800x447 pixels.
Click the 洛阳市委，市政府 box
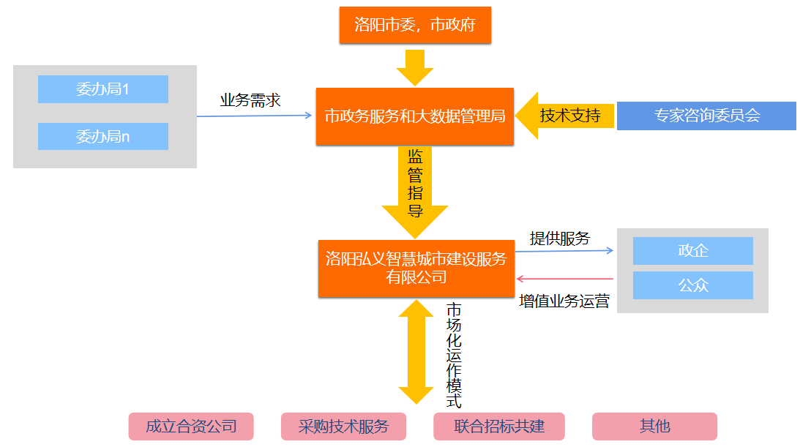(x=415, y=25)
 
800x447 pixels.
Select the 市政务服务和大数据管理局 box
(x=415, y=116)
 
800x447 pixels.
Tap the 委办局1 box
(x=103, y=89)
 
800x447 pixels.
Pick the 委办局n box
(x=103, y=136)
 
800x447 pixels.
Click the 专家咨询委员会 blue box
(x=706, y=116)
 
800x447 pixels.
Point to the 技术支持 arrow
(x=564, y=116)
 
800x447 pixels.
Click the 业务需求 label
(x=250, y=100)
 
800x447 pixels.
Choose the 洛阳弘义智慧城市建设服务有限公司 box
(x=416, y=268)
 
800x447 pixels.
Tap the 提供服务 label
(x=560, y=238)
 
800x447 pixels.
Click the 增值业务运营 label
(x=564, y=301)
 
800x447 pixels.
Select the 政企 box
(x=692, y=250)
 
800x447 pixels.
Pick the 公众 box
(x=692, y=285)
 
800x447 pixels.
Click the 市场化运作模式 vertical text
(x=455, y=354)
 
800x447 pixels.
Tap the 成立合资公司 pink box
(x=191, y=427)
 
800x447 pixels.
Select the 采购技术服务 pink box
(x=343, y=427)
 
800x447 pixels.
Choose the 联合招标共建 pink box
(x=499, y=427)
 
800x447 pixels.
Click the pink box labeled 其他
(x=654, y=427)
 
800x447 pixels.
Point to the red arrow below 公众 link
(x=564, y=279)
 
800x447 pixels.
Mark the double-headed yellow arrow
(x=415, y=351)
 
